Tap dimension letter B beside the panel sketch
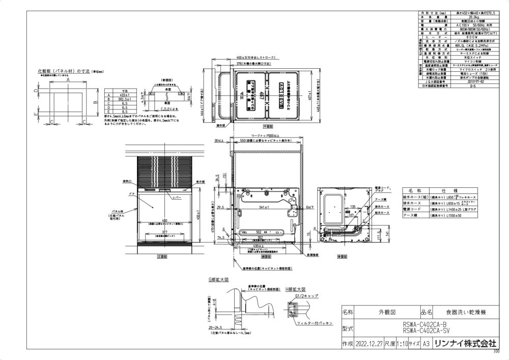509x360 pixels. coord(95,101)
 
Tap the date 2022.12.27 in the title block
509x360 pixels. coord(373,344)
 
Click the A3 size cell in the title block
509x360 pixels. coord(427,344)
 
